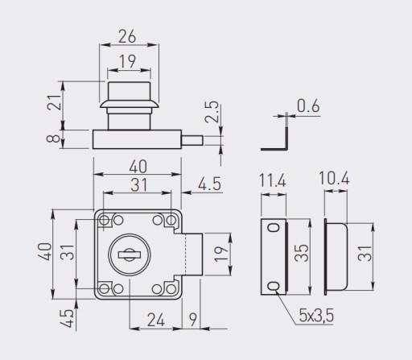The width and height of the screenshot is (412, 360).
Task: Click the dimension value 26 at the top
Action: coord(127,36)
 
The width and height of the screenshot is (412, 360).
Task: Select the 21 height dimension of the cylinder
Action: coord(54,102)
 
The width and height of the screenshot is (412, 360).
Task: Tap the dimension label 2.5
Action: coord(212,111)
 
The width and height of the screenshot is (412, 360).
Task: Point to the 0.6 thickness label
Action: coord(308,106)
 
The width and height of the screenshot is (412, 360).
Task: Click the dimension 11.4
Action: coord(273,180)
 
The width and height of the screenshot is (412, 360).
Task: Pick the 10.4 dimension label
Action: coord(334,178)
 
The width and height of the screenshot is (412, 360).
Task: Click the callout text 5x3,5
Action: coord(316,315)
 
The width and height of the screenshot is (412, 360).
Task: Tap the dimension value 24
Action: coord(156,320)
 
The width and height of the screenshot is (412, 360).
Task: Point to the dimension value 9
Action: coord(193,320)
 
